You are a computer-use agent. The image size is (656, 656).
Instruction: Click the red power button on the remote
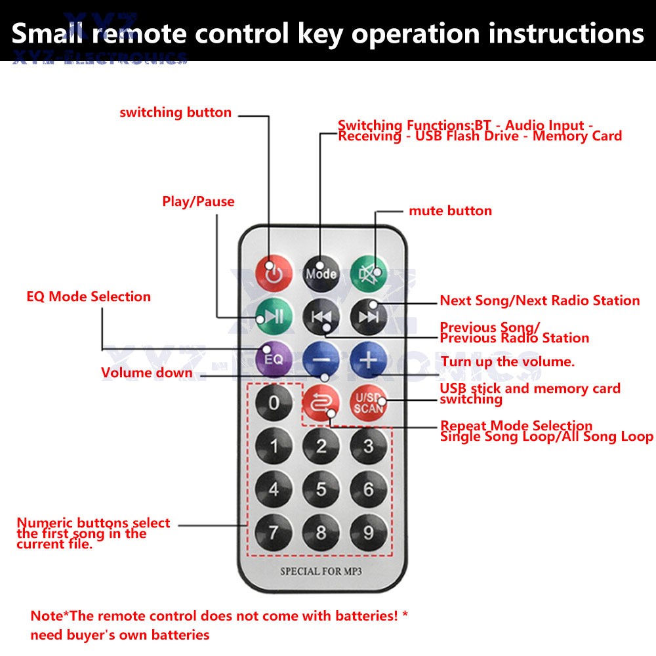click(x=274, y=273)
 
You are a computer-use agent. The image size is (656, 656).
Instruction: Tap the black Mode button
click(x=321, y=273)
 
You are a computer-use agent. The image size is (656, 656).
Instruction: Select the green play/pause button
click(x=274, y=316)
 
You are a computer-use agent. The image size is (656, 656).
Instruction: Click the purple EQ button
click(x=274, y=359)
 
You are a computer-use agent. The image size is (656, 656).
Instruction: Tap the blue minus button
click(x=321, y=359)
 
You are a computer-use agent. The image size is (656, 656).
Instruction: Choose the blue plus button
click(x=368, y=359)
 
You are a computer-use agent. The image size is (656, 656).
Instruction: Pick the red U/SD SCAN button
click(x=368, y=403)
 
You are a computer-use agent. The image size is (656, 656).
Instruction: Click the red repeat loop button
click(x=321, y=403)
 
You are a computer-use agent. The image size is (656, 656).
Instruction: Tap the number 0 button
click(x=274, y=403)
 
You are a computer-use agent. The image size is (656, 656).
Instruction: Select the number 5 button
click(x=321, y=489)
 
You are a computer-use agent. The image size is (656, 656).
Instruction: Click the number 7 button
click(x=274, y=532)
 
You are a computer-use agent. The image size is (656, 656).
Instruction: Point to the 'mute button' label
click(x=450, y=211)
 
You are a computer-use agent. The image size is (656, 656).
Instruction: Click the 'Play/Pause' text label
click(x=198, y=201)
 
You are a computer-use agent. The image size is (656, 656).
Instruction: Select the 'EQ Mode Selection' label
click(x=89, y=297)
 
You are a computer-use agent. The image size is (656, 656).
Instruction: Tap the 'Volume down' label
click(x=147, y=373)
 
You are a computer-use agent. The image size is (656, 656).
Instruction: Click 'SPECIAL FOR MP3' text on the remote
click(x=321, y=571)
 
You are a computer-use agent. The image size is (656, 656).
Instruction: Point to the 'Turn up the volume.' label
click(x=508, y=361)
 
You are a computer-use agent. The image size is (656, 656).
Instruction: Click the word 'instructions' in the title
click(x=563, y=33)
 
